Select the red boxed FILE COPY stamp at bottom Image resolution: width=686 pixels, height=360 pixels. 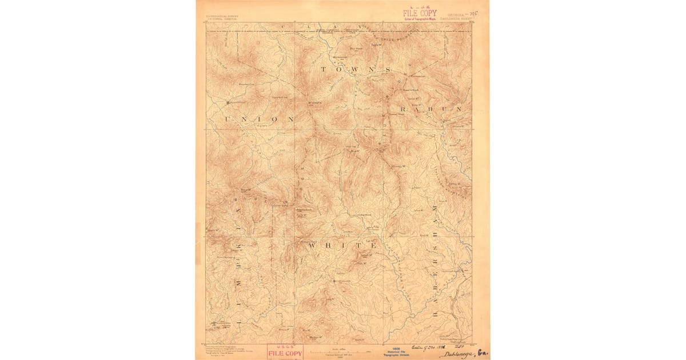click(x=285, y=352)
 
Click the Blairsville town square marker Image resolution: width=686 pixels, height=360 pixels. click(x=228, y=103)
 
